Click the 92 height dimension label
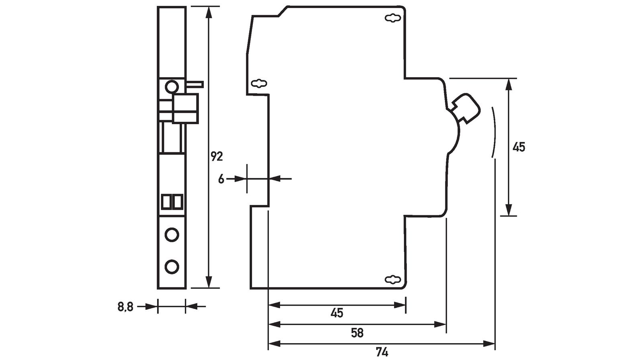tap(217, 156)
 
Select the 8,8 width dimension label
tap(125, 307)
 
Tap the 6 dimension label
tap(221, 179)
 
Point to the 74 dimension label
tap(382, 352)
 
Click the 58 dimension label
tap(357, 333)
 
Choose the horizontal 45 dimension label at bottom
tap(337, 313)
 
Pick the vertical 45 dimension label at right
tap(519, 147)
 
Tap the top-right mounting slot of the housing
tap(393, 18)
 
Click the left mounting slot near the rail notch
tap(259, 84)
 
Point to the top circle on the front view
tap(172, 86)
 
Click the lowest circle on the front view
tap(172, 266)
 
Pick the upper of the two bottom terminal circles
tap(172, 234)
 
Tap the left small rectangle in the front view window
tap(166, 201)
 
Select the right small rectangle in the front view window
tap(177, 201)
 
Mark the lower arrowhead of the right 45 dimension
tap(509, 210)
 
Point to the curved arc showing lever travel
tap(494, 133)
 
